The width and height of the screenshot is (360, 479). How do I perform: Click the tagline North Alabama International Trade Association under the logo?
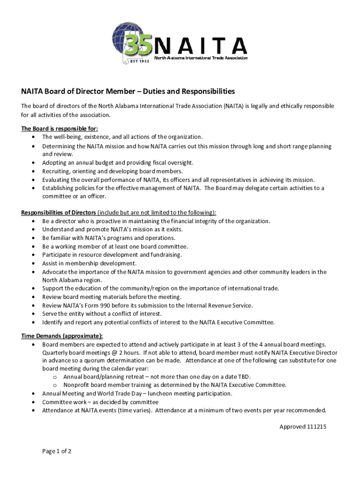[201, 58]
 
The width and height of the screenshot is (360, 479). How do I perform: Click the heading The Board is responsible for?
[59, 129]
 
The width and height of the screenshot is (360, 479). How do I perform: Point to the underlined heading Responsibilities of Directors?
[58, 213]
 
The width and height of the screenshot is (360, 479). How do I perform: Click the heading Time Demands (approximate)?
[62, 336]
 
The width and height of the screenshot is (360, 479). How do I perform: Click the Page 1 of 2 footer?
[57, 451]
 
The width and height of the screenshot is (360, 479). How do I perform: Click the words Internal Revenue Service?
[222, 305]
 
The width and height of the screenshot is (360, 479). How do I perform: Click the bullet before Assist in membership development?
[33, 263]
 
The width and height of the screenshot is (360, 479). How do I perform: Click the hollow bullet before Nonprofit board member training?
[55, 385]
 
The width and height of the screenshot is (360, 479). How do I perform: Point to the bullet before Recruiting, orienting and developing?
[33, 171]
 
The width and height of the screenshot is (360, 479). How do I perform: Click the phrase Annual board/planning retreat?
[104, 377]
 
